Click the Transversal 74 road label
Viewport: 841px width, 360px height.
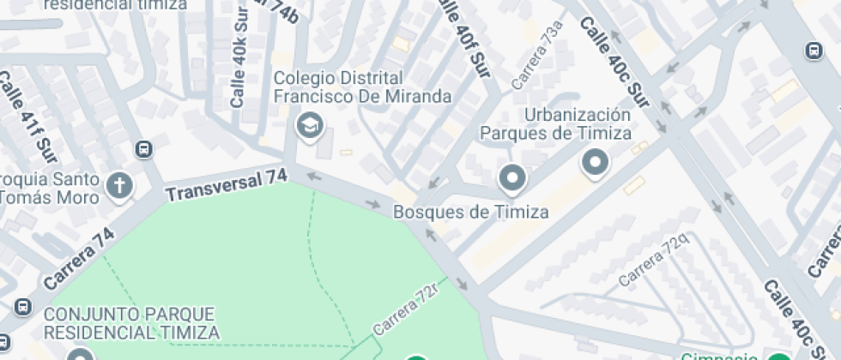pyautogui.click(x=227, y=185)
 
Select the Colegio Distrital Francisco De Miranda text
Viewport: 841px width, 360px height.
pyautogui.click(x=362, y=87)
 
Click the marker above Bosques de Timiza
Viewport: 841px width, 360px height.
pyautogui.click(x=513, y=178)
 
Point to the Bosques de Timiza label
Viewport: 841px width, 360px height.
pyautogui.click(x=470, y=212)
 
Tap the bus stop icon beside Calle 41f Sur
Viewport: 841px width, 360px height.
pyautogui.click(x=144, y=149)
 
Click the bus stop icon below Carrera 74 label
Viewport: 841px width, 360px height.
pyautogui.click(x=22, y=306)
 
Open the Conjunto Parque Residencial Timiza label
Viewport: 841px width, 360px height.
pyautogui.click(x=130, y=323)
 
